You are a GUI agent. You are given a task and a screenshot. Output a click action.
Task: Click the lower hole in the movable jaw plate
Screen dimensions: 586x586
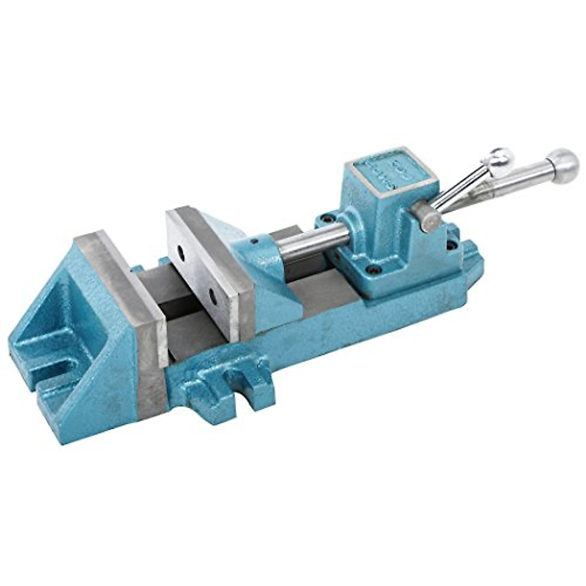point(213,295)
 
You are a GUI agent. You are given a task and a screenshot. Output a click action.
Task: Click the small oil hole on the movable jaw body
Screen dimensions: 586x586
point(254,241)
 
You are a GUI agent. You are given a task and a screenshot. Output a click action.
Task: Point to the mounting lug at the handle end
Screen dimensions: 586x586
point(471,254)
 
